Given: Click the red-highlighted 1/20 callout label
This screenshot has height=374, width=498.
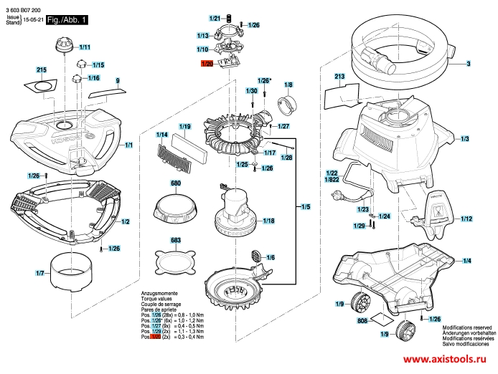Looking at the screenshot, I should (x=207, y=64).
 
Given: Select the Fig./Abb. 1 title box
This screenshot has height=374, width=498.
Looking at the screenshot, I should (x=66, y=21).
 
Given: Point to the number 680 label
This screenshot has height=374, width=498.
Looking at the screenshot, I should (x=176, y=184).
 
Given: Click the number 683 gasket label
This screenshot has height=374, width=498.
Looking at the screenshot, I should (x=176, y=240).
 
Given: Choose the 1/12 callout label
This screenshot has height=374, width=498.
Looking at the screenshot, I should (x=466, y=219).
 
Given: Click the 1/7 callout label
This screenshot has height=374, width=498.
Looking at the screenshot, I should (x=40, y=274).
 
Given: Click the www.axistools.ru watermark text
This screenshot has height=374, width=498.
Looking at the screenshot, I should (x=439, y=361).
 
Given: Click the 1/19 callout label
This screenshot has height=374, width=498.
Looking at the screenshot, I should (x=184, y=127).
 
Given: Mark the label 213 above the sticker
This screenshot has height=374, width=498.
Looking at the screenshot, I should (x=340, y=76).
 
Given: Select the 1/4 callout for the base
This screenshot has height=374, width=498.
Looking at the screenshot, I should (x=466, y=262).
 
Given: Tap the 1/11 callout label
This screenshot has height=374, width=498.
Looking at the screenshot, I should (x=85, y=47).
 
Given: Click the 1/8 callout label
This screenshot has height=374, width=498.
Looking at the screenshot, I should (x=289, y=85).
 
